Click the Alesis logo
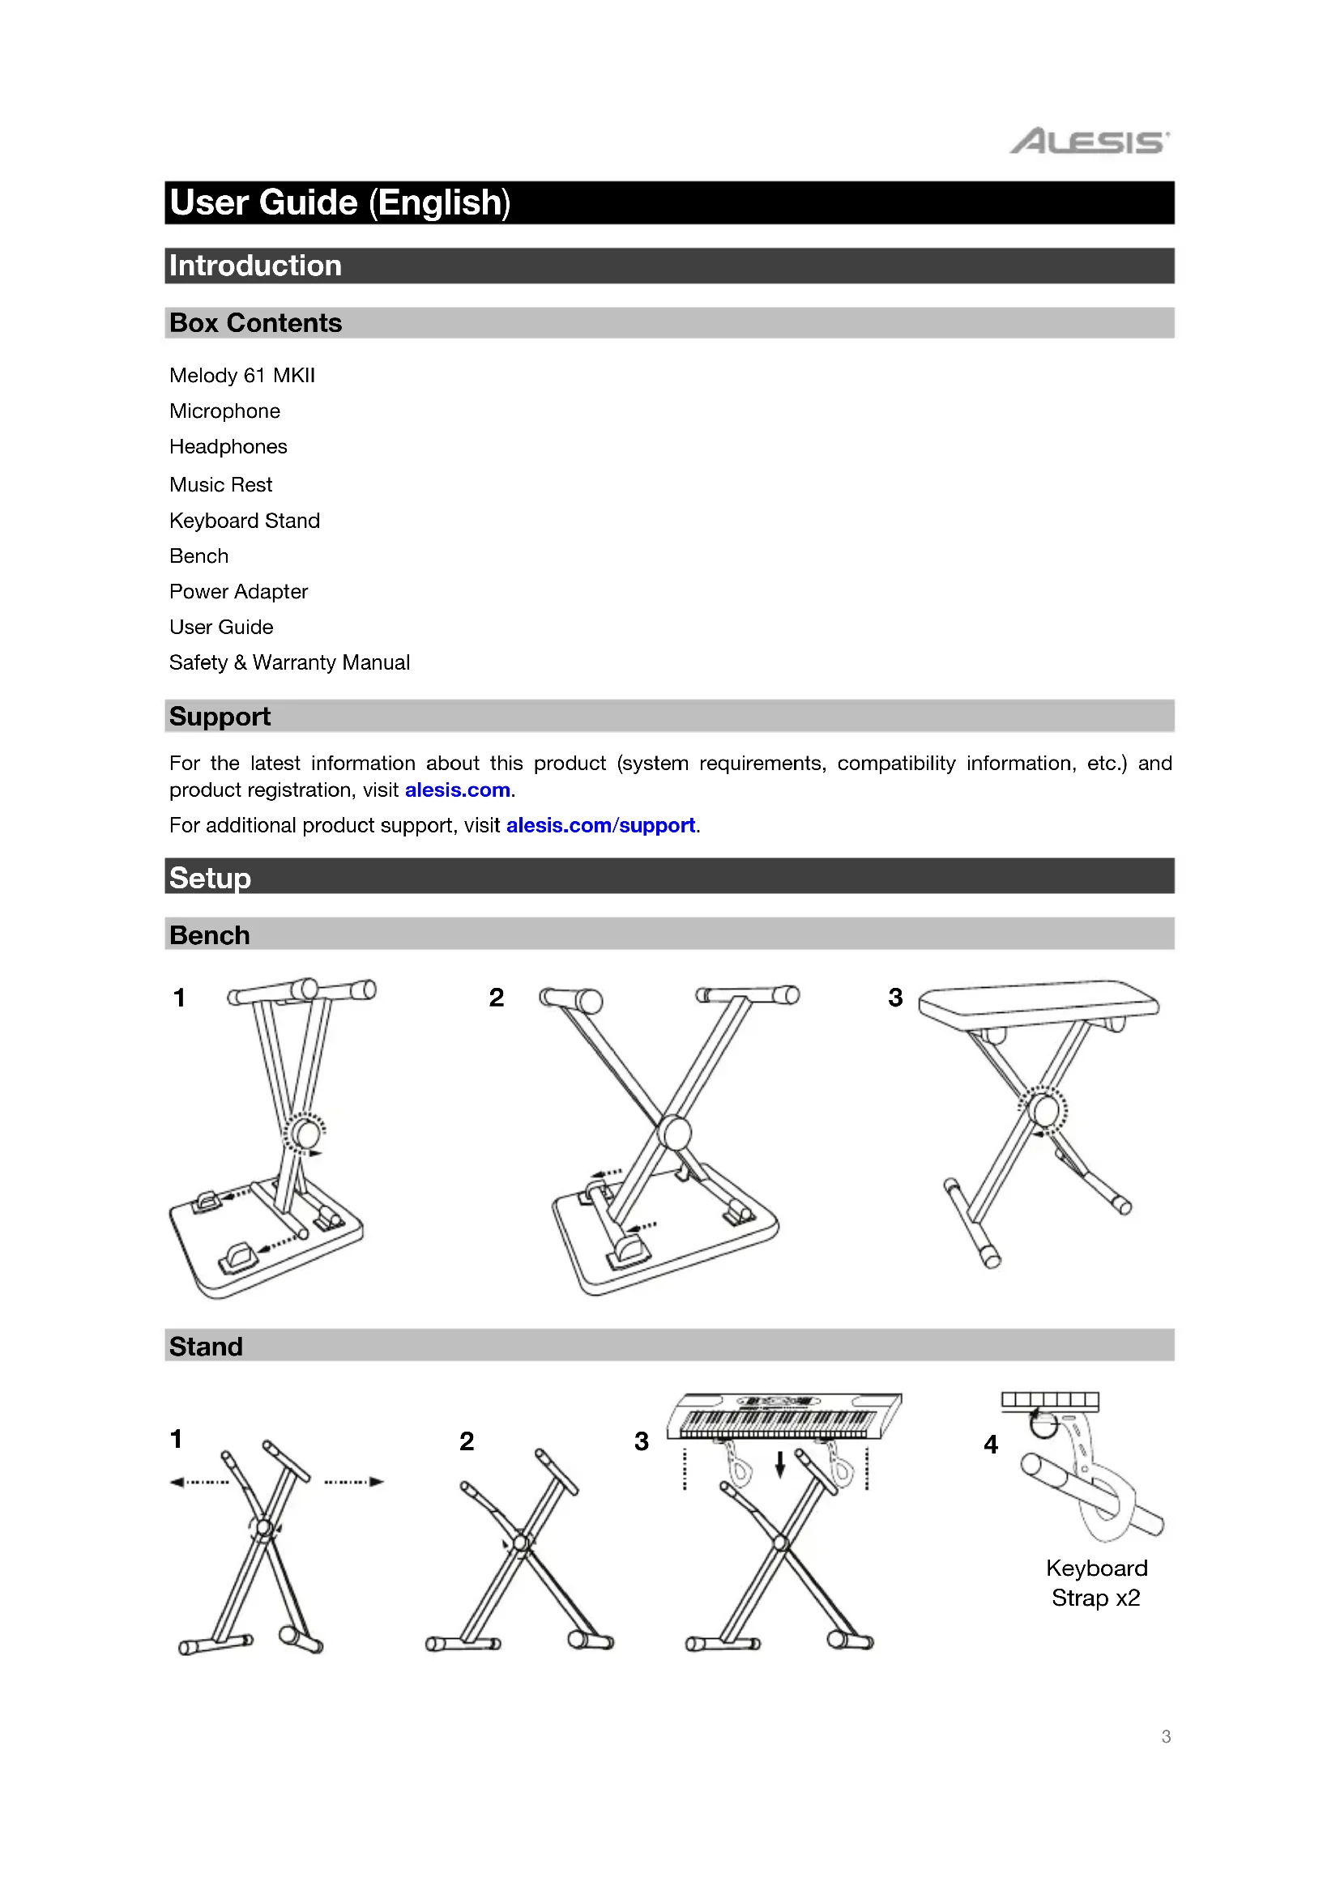point(1089,142)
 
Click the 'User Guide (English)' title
point(340,203)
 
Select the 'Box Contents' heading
point(256,322)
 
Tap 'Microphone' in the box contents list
point(224,411)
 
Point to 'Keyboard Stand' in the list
point(244,521)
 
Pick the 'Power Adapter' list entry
point(238,591)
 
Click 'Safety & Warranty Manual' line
point(289,662)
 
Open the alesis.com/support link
point(600,825)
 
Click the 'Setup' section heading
point(211,878)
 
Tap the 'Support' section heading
point(220,716)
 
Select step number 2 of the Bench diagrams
point(496,998)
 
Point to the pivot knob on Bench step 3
point(1043,1109)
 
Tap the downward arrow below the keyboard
point(779,1464)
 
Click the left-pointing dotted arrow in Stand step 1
point(198,1482)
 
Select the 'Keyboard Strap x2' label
point(1097,1582)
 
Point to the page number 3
point(1166,1736)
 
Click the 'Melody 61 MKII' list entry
point(241,376)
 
